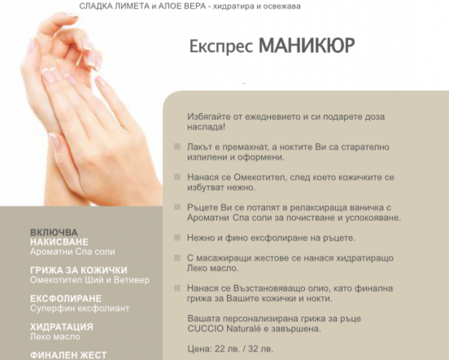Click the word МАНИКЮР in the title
[x=307, y=46]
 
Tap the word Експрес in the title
[x=221, y=47]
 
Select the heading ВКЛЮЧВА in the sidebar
[x=54, y=232]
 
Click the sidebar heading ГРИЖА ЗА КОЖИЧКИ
[x=79, y=270]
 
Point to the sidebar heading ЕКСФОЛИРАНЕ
[x=66, y=298]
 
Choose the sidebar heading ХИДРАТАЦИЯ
[x=62, y=327]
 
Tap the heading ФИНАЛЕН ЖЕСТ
[x=68, y=355]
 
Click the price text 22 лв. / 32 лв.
[x=244, y=349]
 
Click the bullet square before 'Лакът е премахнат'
[x=177, y=146]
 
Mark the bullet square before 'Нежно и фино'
[x=177, y=238]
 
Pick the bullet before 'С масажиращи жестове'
[x=177, y=258]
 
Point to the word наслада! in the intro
[x=206, y=127]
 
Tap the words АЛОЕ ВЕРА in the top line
[x=182, y=6]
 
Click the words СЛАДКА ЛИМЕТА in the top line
[x=114, y=6]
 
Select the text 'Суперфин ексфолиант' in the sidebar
[x=79, y=308]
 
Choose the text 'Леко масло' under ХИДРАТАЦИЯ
[x=55, y=336]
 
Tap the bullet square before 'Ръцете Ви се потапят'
[x=177, y=207]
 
